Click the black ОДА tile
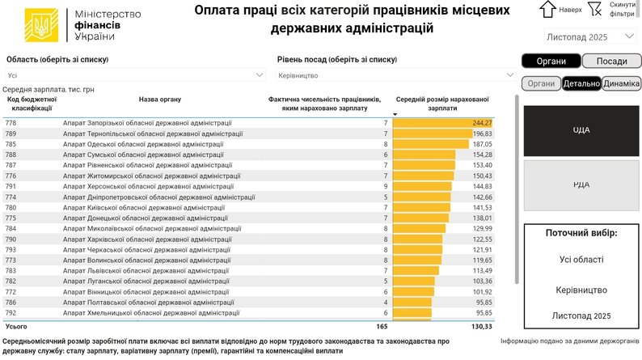tap(581, 129)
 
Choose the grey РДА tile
tap(581, 184)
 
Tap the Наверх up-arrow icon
tap(547, 9)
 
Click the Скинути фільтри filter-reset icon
tap(595, 9)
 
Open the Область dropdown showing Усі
tap(135, 75)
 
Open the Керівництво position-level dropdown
tap(395, 75)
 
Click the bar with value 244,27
tap(443, 122)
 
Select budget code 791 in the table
tap(11, 185)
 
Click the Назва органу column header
tap(159, 100)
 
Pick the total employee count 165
tap(382, 326)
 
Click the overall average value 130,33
tap(481, 326)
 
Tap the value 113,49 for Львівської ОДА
tap(483, 270)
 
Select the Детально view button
tap(581, 83)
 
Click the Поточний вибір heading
tap(581, 233)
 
